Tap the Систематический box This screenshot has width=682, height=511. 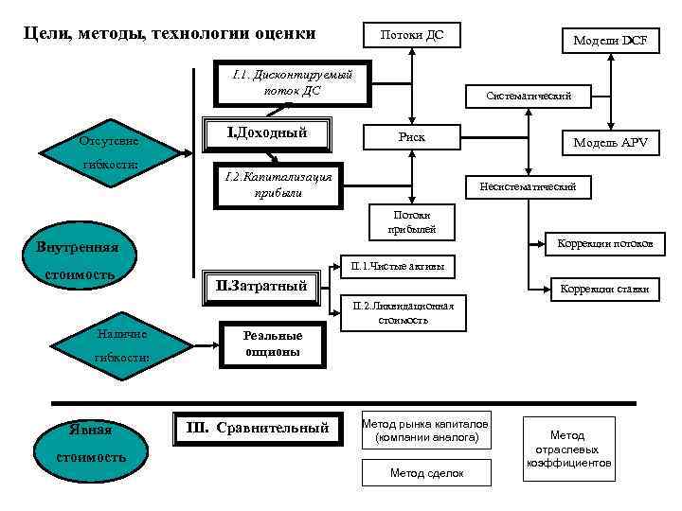tap(529, 96)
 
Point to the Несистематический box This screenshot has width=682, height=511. tap(528, 187)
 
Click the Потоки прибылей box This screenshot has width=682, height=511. tap(409, 221)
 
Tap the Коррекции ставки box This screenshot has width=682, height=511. tap(604, 289)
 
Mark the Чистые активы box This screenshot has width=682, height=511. tap(396, 268)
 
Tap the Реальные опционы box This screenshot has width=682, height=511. tap(272, 344)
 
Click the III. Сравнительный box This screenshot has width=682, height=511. tap(257, 428)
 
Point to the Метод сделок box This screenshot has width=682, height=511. tap(426, 472)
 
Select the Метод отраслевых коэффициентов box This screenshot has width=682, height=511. tap(568, 449)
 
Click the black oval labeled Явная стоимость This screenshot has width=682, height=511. tap(90, 444)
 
